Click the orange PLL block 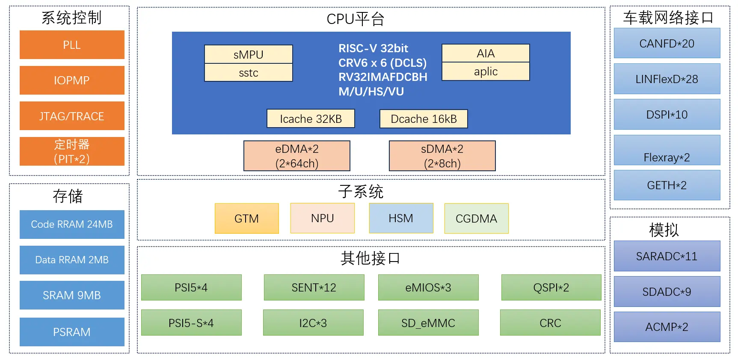[x=72, y=45]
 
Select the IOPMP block [x=72, y=80]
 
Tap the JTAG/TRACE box [x=72, y=116]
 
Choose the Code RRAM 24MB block [x=72, y=224]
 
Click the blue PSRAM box [x=72, y=332]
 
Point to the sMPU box [x=249, y=54]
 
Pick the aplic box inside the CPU [x=486, y=71]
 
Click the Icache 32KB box [x=311, y=119]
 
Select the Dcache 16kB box [x=424, y=119]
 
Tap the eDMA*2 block [x=297, y=156]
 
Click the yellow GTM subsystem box [x=247, y=218]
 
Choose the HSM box [x=401, y=218]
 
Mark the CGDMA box [x=477, y=218]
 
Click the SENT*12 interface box [x=314, y=287]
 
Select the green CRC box [x=550, y=323]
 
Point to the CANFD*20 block [x=667, y=43]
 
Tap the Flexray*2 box [x=667, y=150]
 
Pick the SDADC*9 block [x=667, y=292]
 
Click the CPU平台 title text [x=356, y=19]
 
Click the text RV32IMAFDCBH [x=383, y=77]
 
